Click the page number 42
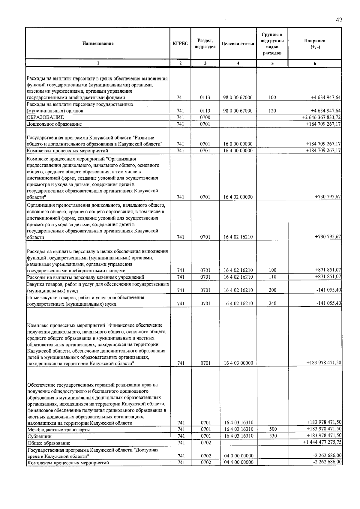tap(339, 20)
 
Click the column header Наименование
tap(98, 43)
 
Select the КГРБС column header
tap(180, 43)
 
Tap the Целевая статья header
tap(238, 43)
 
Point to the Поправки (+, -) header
tap(315, 44)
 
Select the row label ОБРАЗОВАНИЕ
tap(45, 117)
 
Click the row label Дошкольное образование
tap(54, 124)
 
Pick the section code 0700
tap(205, 117)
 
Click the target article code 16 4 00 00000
tap(238, 151)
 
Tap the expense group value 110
tap(272, 277)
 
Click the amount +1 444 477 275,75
tap(322, 442)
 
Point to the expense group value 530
tap(273, 436)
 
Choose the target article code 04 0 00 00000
tap(238, 456)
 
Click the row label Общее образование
tap(49, 443)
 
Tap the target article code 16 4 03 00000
tap(238, 363)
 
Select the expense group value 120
tap(272, 111)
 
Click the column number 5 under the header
tap(272, 63)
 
